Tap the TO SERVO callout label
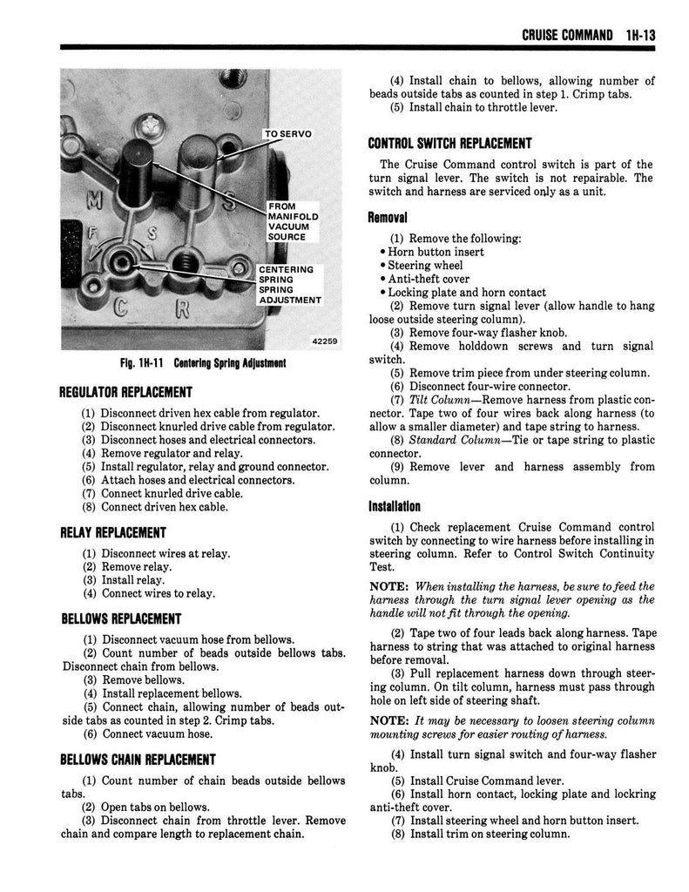289,133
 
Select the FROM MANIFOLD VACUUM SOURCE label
294,221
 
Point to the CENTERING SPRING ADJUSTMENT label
288,285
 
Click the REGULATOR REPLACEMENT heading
125,392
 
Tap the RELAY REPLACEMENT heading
112,532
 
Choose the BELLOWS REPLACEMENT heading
120,618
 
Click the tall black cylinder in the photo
137,171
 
